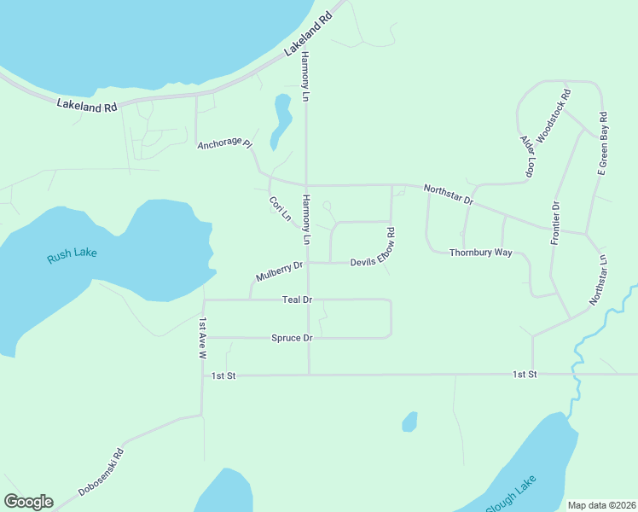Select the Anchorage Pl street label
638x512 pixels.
225,144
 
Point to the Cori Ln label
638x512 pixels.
280,209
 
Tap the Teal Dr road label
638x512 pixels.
298,300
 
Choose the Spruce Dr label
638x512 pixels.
292,338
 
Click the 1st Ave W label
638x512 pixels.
203,335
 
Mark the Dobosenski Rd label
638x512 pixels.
101,472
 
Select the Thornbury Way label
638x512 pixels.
480,253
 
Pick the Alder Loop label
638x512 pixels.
528,155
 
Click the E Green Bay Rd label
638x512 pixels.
601,143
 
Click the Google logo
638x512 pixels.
28,502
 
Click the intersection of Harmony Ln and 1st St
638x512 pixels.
309,374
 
